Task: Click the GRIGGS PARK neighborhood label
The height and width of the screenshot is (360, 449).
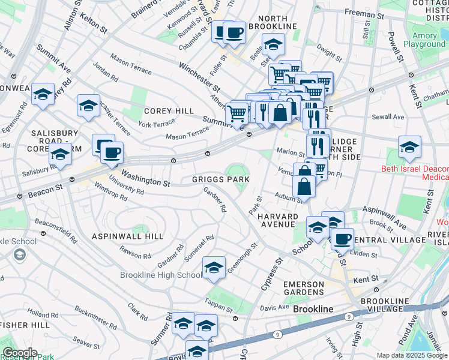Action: coord(220,179)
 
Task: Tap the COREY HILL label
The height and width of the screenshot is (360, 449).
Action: coord(169,111)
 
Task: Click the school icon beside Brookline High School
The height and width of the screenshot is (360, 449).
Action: coord(214,268)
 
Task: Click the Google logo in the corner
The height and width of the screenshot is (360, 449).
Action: coord(19,353)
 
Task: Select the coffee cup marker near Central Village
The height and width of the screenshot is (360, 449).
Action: coord(342,239)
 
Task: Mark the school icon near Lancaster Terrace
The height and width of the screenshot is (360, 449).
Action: coord(88,106)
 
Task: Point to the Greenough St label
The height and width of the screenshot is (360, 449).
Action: coord(242,258)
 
